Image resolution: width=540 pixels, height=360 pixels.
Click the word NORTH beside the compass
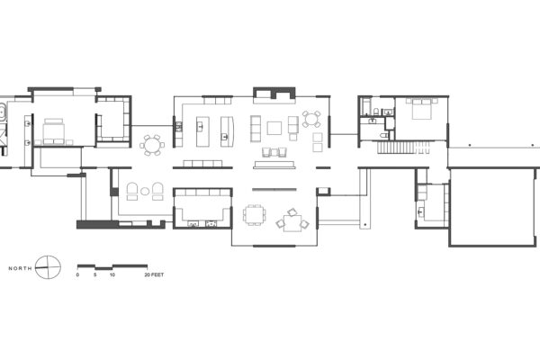click(21, 268)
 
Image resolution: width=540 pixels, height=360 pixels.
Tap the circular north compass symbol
click(48, 267)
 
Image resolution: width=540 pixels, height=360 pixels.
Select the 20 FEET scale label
click(154, 274)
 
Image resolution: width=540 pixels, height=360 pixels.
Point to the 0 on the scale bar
click(77, 274)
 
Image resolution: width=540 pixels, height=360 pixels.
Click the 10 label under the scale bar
click(112, 274)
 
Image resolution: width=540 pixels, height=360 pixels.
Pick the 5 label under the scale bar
click(95, 274)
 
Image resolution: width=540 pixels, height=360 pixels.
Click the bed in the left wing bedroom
click(54, 131)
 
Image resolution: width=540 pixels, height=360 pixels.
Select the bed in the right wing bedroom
click(421, 109)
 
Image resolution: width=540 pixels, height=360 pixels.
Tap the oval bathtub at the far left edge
click(3, 112)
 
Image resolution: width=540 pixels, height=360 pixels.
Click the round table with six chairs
click(152, 145)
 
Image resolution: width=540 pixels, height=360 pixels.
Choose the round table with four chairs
click(311, 119)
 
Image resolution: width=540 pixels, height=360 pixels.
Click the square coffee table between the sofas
click(274, 128)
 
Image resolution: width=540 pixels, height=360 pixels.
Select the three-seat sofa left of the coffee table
click(256, 129)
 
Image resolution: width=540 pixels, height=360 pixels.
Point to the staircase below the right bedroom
click(403, 148)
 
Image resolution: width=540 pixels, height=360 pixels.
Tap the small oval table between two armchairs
click(145, 191)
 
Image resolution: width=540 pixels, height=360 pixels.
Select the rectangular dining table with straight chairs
click(255, 214)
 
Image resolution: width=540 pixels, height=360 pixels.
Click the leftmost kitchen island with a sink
click(202, 131)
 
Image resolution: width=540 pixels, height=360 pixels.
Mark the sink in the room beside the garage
click(420, 211)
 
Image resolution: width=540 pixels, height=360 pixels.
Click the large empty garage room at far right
click(493, 207)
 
